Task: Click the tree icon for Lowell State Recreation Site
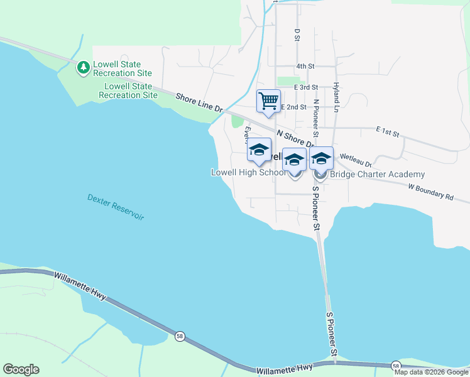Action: coord(83,67)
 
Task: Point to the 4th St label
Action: coord(305,66)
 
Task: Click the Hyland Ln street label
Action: coord(336,97)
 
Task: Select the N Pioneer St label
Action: coord(316,117)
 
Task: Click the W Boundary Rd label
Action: coord(430,192)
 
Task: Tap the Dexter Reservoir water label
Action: coord(116,207)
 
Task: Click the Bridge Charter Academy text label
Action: coord(377,175)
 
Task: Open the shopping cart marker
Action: coord(268,101)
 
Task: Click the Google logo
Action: coord(21,369)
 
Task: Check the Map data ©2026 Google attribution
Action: coord(431,372)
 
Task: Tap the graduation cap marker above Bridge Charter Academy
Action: coord(321,159)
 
